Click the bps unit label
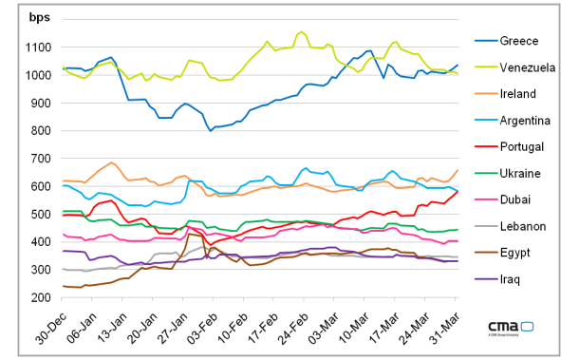[41, 17]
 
